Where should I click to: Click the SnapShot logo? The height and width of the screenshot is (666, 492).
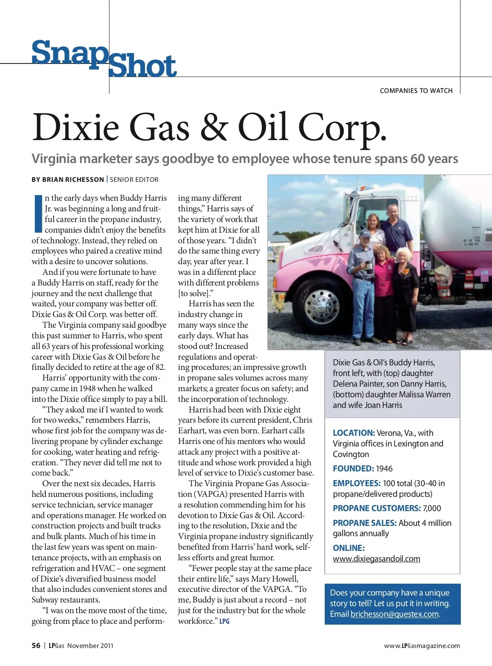(x=104, y=59)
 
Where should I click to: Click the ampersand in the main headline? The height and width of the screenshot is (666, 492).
(x=214, y=127)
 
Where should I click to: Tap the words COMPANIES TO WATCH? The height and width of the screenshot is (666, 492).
(x=416, y=91)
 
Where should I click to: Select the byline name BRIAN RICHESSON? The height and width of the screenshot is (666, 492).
(x=73, y=179)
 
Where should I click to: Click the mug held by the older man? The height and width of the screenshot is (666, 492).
(x=368, y=265)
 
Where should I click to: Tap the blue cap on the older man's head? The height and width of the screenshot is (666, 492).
(x=364, y=233)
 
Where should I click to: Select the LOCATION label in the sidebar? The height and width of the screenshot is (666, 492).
(x=353, y=433)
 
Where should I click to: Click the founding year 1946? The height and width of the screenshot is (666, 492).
(x=384, y=468)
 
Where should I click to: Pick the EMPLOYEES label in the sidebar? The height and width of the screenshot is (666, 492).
(x=356, y=483)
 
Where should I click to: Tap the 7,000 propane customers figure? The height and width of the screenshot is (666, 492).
(x=432, y=508)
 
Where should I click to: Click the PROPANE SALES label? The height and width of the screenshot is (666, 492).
(x=364, y=523)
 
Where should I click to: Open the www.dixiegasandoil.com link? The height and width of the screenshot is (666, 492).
(x=376, y=559)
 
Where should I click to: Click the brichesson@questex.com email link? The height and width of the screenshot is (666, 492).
(x=394, y=614)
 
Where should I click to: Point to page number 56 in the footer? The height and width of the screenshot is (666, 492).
(x=36, y=646)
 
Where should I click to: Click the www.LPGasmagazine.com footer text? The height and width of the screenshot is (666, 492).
(x=422, y=646)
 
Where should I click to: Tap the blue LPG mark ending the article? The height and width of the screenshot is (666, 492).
(x=224, y=621)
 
